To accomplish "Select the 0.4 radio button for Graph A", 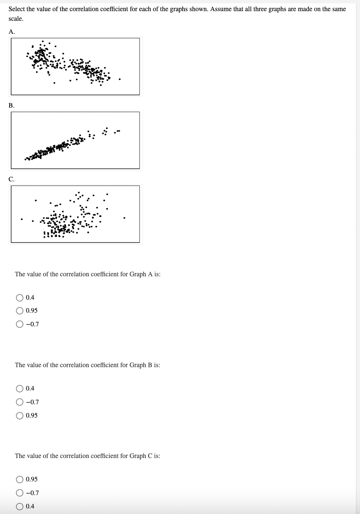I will click(x=20, y=297).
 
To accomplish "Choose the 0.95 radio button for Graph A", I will click(x=20, y=311).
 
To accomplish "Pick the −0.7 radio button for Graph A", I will click(x=20, y=324).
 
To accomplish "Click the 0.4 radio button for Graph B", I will click(x=20, y=388).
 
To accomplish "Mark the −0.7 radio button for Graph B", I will click(x=20, y=402).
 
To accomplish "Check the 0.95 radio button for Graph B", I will click(x=20, y=415).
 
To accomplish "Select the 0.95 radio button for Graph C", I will click(x=20, y=479).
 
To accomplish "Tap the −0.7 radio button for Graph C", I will click(x=20, y=493).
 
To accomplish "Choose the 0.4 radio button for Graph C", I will click(x=20, y=506).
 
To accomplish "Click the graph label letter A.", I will click(x=12, y=32).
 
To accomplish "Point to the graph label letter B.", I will click(x=12, y=105).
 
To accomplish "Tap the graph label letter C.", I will click(x=12, y=179).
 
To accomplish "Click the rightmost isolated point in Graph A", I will click(x=120, y=79).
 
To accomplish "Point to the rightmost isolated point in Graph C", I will click(x=124, y=218).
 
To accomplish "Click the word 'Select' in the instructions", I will click(x=17, y=9).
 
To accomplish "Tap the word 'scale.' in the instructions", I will click(x=16, y=19).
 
